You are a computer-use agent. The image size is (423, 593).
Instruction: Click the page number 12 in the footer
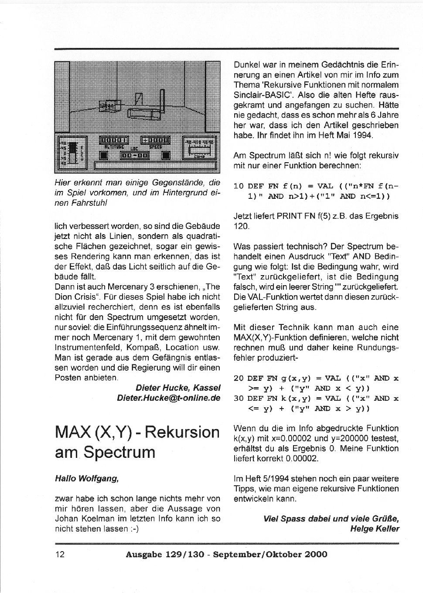pos(60,555)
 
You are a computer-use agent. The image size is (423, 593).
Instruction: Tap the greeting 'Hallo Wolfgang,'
pos(87,478)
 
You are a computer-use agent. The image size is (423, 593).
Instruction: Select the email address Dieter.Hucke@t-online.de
pos(168,398)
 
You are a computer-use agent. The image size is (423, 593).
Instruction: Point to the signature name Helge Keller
pos(375,529)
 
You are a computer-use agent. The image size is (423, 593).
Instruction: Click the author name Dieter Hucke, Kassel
pos(178,388)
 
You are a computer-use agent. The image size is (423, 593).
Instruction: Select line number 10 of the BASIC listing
pos(239,186)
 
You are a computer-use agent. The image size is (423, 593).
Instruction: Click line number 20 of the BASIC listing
pos(239,378)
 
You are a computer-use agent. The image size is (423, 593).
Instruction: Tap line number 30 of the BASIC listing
pos(239,399)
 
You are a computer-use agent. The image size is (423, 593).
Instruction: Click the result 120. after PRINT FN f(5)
pos(242,226)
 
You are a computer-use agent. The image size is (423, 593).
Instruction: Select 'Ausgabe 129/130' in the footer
pos(165,555)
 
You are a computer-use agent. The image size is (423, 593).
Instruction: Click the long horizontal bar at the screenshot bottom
pos(155,166)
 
